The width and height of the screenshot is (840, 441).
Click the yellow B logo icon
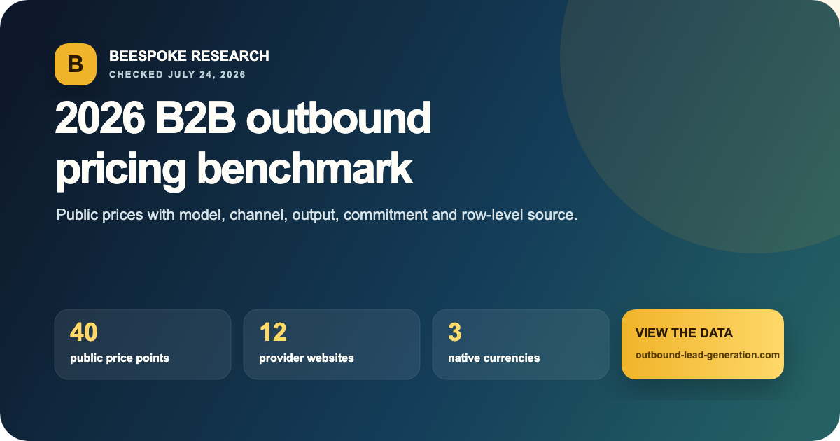coord(76,64)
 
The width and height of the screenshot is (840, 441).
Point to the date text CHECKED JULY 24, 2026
coord(177,75)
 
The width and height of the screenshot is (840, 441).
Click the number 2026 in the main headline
coord(100,118)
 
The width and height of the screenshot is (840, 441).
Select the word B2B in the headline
coord(195,118)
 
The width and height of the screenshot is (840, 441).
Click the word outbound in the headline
coord(339,118)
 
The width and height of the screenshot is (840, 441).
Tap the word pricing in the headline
coord(121,170)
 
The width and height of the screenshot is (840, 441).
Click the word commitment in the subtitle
coord(385,215)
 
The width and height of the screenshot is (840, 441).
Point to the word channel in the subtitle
coord(259,215)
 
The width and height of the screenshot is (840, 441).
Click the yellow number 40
coord(83,332)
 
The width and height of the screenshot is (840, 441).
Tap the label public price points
coord(120,358)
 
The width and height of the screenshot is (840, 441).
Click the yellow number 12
coord(273,332)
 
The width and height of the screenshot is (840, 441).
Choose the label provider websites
coord(307,358)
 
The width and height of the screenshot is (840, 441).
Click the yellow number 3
coord(455,332)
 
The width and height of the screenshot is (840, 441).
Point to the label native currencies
coord(494,358)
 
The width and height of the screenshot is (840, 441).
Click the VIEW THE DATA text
coord(684,333)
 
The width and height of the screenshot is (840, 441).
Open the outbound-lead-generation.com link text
coord(708,355)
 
